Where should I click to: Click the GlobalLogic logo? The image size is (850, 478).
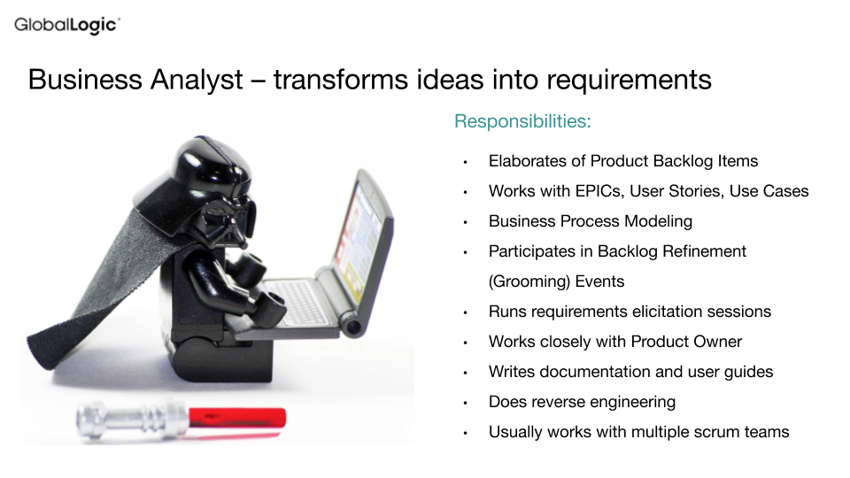[67, 26]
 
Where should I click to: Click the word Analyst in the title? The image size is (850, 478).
[197, 81]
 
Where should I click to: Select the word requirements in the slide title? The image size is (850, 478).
[629, 81]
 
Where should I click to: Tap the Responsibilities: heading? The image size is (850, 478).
[522, 121]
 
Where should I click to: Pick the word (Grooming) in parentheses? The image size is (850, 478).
[529, 281]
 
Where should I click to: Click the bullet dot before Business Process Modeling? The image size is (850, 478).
[465, 222]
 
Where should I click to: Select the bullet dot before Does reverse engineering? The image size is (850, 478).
[465, 403]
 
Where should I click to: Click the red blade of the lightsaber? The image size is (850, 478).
[237, 419]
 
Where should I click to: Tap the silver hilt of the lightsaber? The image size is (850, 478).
[132, 420]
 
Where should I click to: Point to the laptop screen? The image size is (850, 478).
[361, 233]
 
